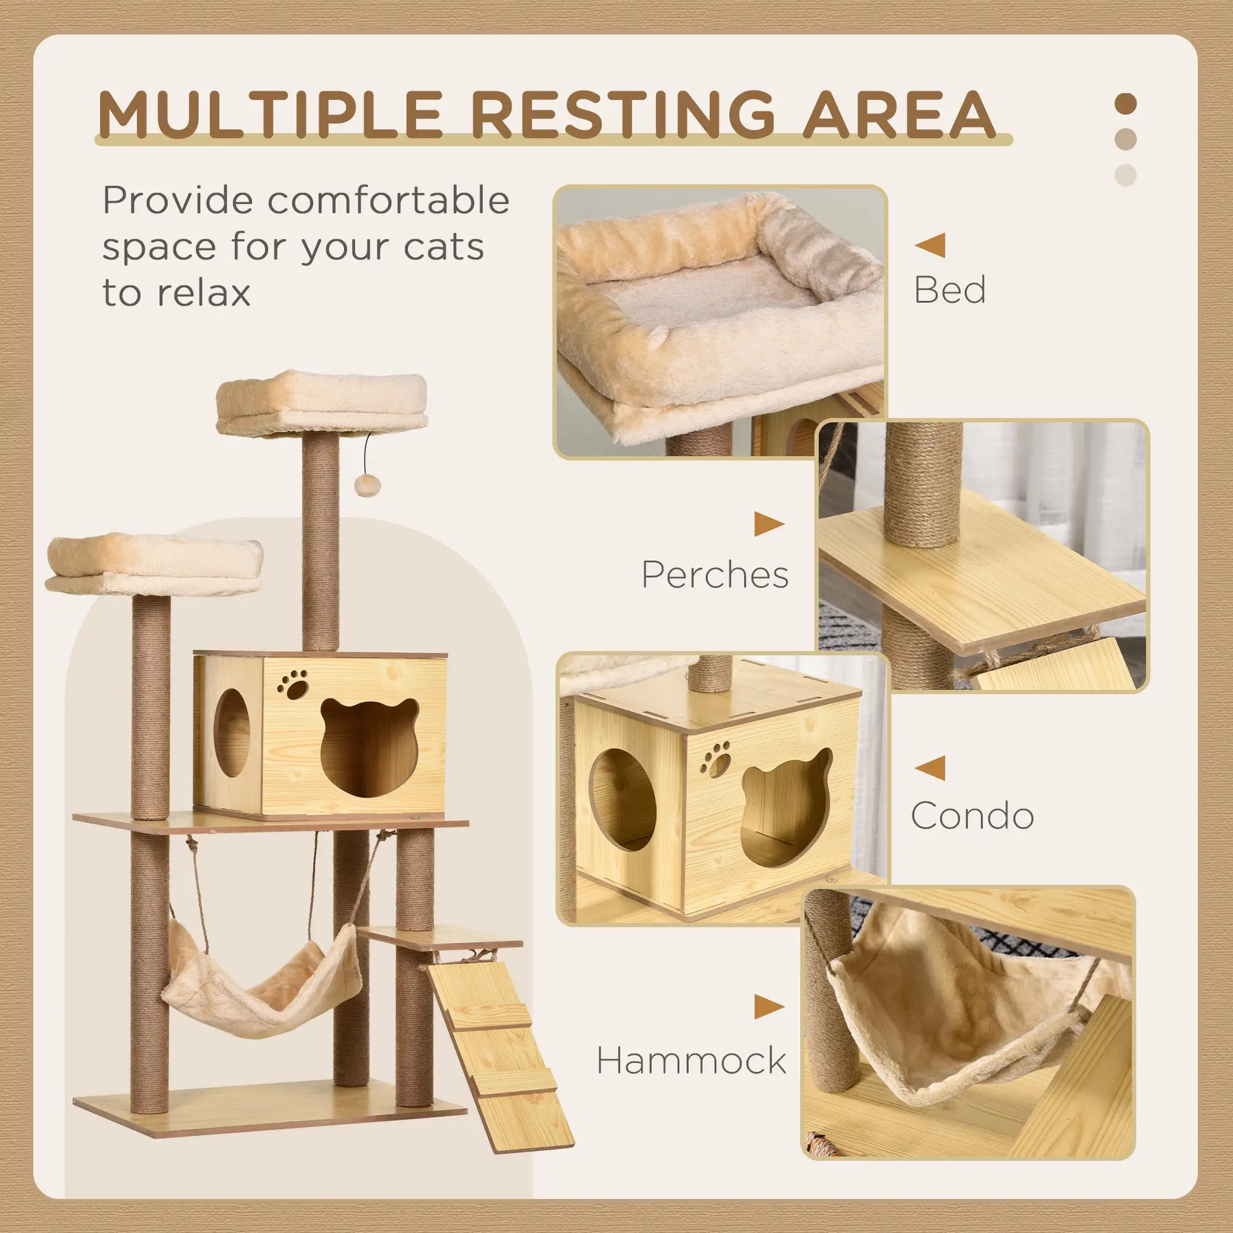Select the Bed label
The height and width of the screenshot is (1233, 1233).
pos(950,290)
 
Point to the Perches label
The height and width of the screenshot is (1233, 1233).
pos(715,575)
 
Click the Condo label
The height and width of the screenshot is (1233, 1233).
pos(972,815)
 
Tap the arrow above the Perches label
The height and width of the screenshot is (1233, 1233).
pos(769,524)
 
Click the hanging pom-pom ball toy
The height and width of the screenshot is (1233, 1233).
pos(367,486)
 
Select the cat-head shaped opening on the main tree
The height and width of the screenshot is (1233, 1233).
pos(369,746)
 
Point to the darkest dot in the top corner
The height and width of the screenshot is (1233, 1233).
pos(1126,103)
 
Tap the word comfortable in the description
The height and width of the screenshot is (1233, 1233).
pos(388,200)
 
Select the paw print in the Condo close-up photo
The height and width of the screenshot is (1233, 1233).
pos(716,759)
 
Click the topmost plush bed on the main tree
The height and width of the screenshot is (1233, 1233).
pos(321,401)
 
